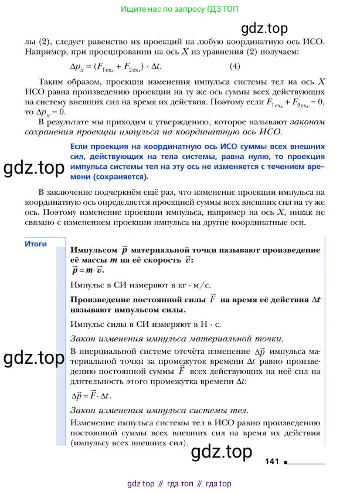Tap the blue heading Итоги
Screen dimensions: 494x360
pyautogui.click(x=36, y=244)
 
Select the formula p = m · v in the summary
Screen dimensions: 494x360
pyautogui.click(x=87, y=270)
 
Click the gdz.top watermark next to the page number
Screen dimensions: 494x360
pyautogui.click(x=222, y=451)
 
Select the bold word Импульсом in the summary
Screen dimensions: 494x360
pyautogui.click(x=91, y=249)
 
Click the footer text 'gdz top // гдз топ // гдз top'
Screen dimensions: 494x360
pyautogui.click(x=179, y=483)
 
